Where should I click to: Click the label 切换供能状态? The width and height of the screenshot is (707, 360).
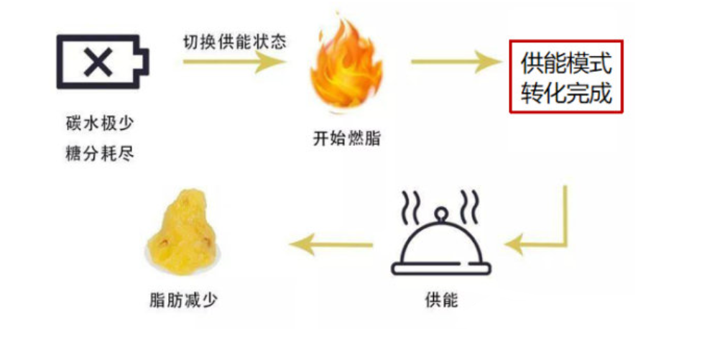(x=234, y=41)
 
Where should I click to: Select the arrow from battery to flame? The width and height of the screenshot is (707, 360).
(x=234, y=62)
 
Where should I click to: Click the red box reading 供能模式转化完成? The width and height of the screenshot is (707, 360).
(x=566, y=76)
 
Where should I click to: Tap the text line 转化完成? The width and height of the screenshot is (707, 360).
(x=566, y=92)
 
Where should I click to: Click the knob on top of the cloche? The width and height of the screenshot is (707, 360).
(x=441, y=213)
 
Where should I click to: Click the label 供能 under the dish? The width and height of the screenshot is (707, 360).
(x=441, y=300)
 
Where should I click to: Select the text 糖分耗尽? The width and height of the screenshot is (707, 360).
(x=99, y=153)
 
